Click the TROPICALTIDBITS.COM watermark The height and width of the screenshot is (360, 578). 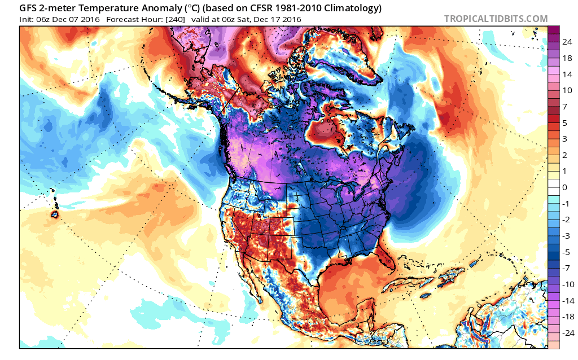pyautogui.click(x=496, y=19)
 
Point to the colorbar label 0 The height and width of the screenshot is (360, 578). pyautogui.click(x=564, y=187)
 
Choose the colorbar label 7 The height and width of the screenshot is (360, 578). pyautogui.click(x=564, y=106)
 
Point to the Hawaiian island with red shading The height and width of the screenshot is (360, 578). pyautogui.click(x=55, y=214)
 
